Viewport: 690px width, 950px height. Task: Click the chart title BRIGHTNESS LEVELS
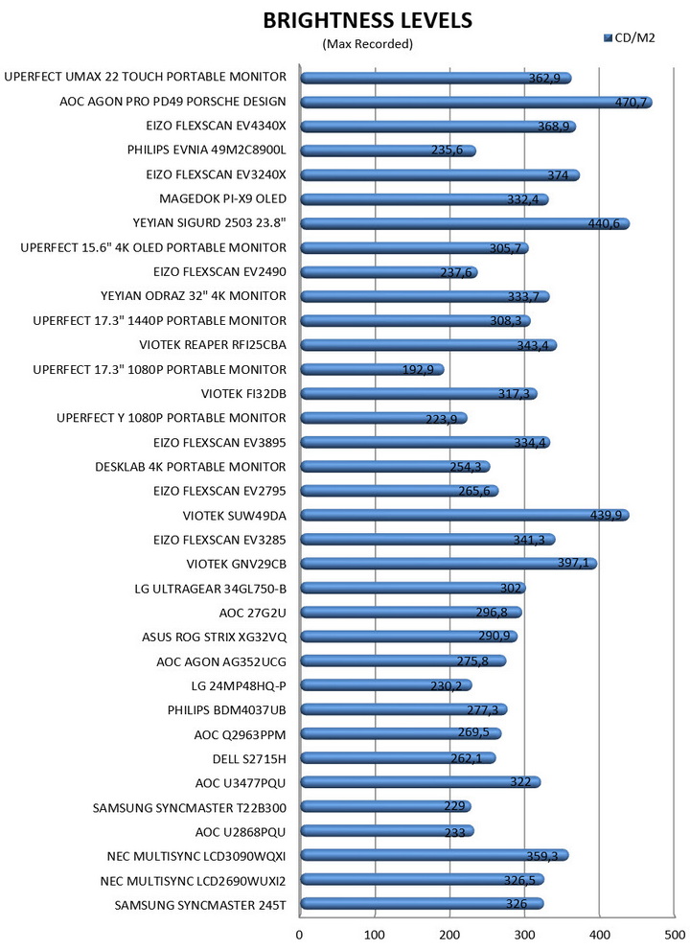coord(367,20)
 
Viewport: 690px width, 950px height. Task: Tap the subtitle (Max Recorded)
coord(367,43)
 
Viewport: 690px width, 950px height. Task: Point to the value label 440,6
coord(609,223)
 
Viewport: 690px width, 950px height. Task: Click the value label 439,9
coord(608,516)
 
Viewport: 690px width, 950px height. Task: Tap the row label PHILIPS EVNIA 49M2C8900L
coord(206,151)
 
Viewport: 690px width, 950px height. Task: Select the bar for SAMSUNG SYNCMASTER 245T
coord(422,904)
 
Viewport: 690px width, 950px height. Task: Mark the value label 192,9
coord(423,370)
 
